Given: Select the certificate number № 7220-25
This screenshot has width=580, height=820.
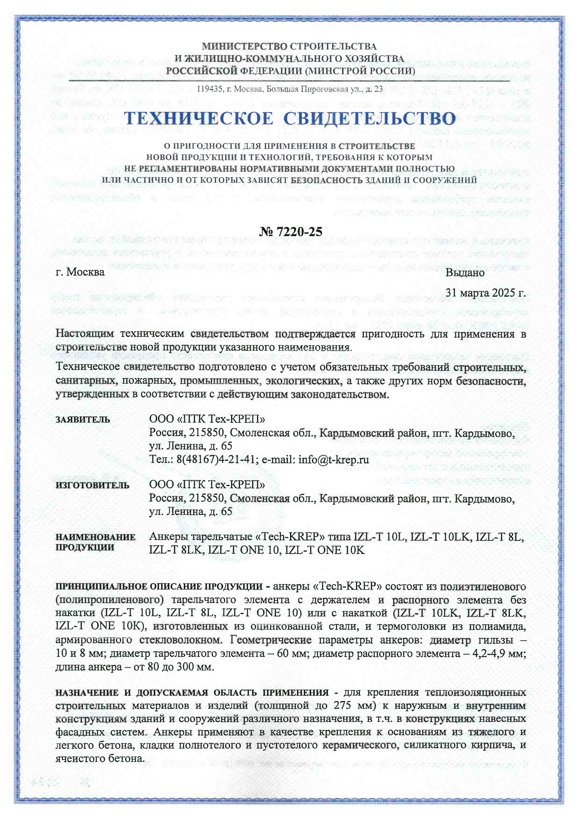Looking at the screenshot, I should (x=290, y=232).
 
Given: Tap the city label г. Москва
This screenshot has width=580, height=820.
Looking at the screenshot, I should (x=80, y=272).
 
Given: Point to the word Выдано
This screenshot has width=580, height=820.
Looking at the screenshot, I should (x=465, y=273).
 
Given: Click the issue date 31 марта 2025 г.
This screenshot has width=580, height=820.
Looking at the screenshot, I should (x=485, y=293).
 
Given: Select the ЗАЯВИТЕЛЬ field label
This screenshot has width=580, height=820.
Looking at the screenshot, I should (x=82, y=419).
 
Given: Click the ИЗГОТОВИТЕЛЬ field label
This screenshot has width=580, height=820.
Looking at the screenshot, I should (x=92, y=485).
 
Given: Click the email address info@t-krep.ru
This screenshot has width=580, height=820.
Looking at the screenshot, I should (x=333, y=459).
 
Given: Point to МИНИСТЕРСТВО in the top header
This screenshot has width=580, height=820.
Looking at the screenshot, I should (x=245, y=46).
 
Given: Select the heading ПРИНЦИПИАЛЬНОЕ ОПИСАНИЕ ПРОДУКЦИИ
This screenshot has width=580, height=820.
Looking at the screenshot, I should (x=159, y=586).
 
